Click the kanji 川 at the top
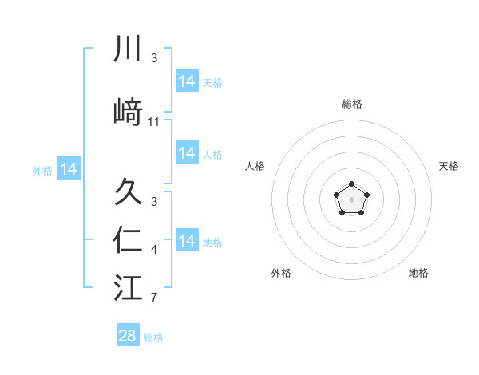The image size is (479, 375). pos(128,49)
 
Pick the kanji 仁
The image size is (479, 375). pos(128,240)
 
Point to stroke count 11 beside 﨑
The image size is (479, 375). pos(154,121)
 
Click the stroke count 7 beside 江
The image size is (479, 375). pos(154,298)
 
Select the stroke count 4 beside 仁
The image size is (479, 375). pos(154,251)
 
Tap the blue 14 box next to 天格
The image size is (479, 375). pos(186,81)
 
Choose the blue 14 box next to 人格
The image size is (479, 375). pos(186,153)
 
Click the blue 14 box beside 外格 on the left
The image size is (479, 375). pos(69,169)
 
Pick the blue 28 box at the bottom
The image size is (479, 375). pos(128,336)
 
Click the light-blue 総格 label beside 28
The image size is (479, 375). pos(153,337)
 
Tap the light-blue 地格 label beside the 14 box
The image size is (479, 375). pos(212,242)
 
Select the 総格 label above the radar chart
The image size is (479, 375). pos(351,104)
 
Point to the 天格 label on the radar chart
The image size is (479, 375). pos(449,166)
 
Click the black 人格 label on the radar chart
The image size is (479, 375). pos(255,166)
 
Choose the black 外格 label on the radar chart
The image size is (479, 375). pos(281,273)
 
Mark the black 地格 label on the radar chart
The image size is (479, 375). pos(418,273)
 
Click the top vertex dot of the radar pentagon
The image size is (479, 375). pos(351,185)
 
